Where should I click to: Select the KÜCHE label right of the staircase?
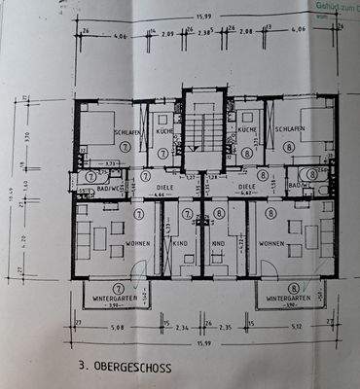[x=246, y=128]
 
